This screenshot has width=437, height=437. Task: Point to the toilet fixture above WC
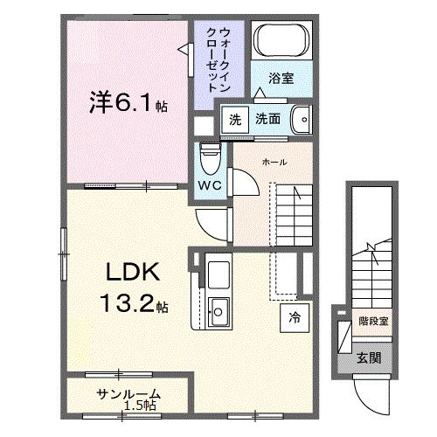coord(210,161)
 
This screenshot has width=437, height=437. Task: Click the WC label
coord(209,187)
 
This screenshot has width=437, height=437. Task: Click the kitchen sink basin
coord(219,310)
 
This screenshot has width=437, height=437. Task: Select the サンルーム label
coord(129,392)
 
